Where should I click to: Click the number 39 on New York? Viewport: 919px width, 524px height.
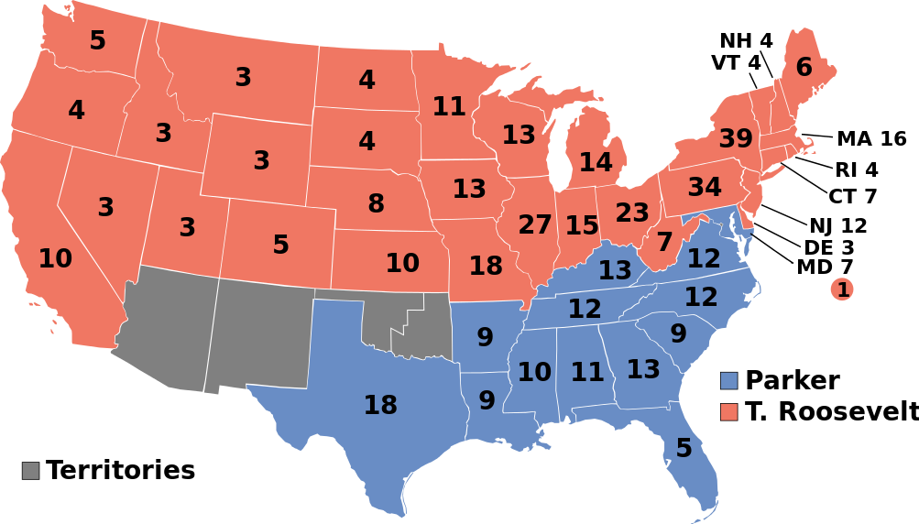(x=736, y=139)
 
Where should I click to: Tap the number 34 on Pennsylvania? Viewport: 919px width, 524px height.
(x=705, y=187)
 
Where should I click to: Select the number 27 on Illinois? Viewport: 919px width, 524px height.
(x=535, y=224)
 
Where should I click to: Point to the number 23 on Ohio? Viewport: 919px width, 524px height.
(x=632, y=213)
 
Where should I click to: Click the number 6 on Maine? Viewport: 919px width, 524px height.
(x=804, y=68)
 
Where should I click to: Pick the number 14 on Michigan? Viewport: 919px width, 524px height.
(x=596, y=163)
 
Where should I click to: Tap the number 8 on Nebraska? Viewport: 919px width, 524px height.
(x=376, y=204)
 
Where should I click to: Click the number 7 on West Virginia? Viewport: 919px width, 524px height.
(x=665, y=243)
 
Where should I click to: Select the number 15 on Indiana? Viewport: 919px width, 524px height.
(x=582, y=225)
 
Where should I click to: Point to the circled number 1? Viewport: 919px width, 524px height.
(x=842, y=289)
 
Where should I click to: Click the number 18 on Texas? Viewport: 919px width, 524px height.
(x=380, y=405)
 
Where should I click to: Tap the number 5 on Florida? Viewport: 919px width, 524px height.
(x=684, y=448)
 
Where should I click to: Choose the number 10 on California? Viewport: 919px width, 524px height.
(x=55, y=259)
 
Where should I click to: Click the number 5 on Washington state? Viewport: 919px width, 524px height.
(x=97, y=41)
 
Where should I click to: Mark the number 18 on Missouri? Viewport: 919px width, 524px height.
(x=486, y=267)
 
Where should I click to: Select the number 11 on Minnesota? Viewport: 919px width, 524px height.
(x=449, y=107)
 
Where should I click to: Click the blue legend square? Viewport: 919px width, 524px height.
(x=728, y=381)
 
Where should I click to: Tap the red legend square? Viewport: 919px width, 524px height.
(x=728, y=412)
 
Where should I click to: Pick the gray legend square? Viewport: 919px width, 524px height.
(x=31, y=471)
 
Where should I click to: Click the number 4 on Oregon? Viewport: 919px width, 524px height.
(x=76, y=111)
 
